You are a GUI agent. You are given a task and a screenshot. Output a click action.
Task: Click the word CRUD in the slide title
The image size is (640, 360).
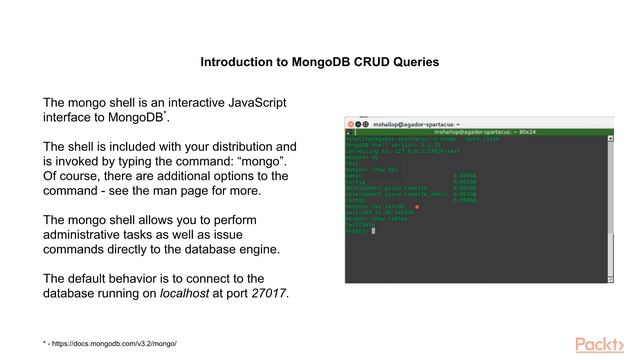(361, 62)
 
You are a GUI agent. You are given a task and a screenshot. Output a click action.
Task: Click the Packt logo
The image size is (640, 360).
(603, 343)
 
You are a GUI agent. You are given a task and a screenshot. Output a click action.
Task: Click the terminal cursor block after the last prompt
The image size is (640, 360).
(372, 232)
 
